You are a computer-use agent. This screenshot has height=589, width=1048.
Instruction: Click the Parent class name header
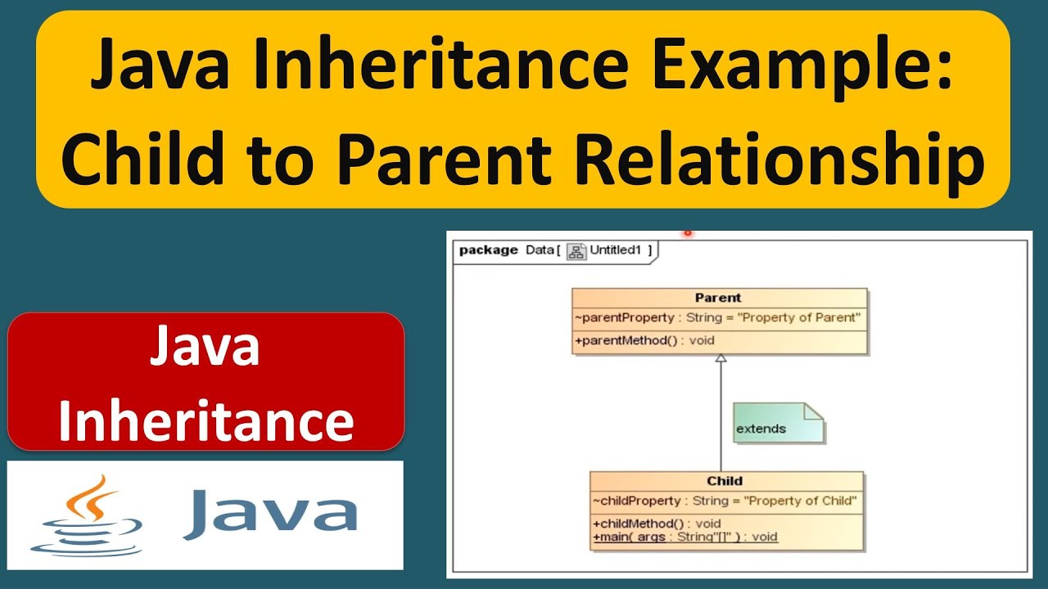[718, 298]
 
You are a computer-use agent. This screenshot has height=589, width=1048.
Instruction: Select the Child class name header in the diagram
[725, 481]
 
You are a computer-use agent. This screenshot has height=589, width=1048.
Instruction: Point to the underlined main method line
[684, 537]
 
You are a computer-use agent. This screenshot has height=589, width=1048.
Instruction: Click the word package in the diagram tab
[488, 250]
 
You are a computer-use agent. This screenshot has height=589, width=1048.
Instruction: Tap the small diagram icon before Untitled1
[576, 251]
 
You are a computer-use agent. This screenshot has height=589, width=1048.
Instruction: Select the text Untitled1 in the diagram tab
[616, 250]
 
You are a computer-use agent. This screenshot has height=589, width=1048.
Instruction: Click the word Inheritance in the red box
[206, 421]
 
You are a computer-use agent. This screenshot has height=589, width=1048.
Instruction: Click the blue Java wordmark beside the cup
[270, 514]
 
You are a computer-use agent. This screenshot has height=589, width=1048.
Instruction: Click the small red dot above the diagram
[688, 233]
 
